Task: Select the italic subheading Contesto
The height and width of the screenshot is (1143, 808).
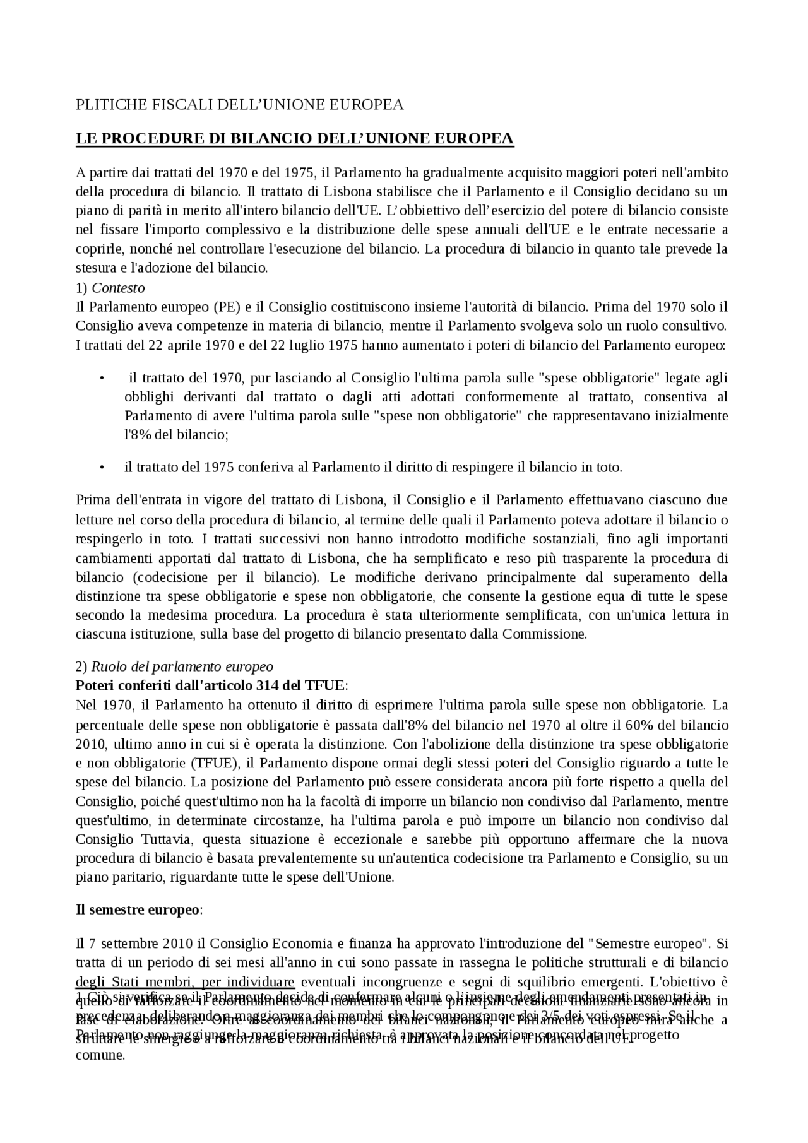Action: click(x=118, y=288)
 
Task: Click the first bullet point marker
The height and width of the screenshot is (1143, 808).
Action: click(x=101, y=378)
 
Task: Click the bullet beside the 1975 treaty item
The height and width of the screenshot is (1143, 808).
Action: click(x=101, y=468)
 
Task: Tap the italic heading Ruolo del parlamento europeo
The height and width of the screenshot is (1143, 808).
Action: click(x=182, y=666)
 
